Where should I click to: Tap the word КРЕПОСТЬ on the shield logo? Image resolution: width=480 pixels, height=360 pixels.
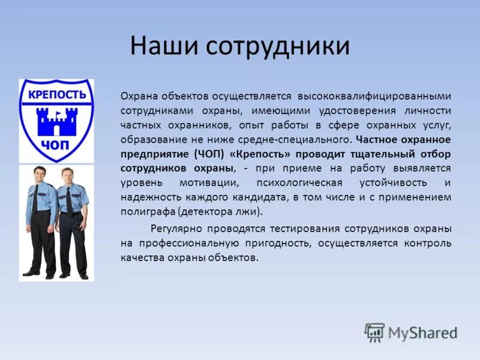tap(56, 96)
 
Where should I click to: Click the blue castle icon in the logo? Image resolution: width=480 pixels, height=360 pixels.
tap(56, 121)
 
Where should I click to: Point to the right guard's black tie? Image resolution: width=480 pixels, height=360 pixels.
tap(69, 201)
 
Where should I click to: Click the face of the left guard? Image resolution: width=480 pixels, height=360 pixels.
tap(40, 176)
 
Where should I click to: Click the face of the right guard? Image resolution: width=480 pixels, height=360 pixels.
tap(67, 178)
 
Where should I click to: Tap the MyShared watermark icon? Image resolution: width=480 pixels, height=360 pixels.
tap(374, 332)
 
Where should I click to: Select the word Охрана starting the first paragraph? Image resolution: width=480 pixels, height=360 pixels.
tap(137, 97)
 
